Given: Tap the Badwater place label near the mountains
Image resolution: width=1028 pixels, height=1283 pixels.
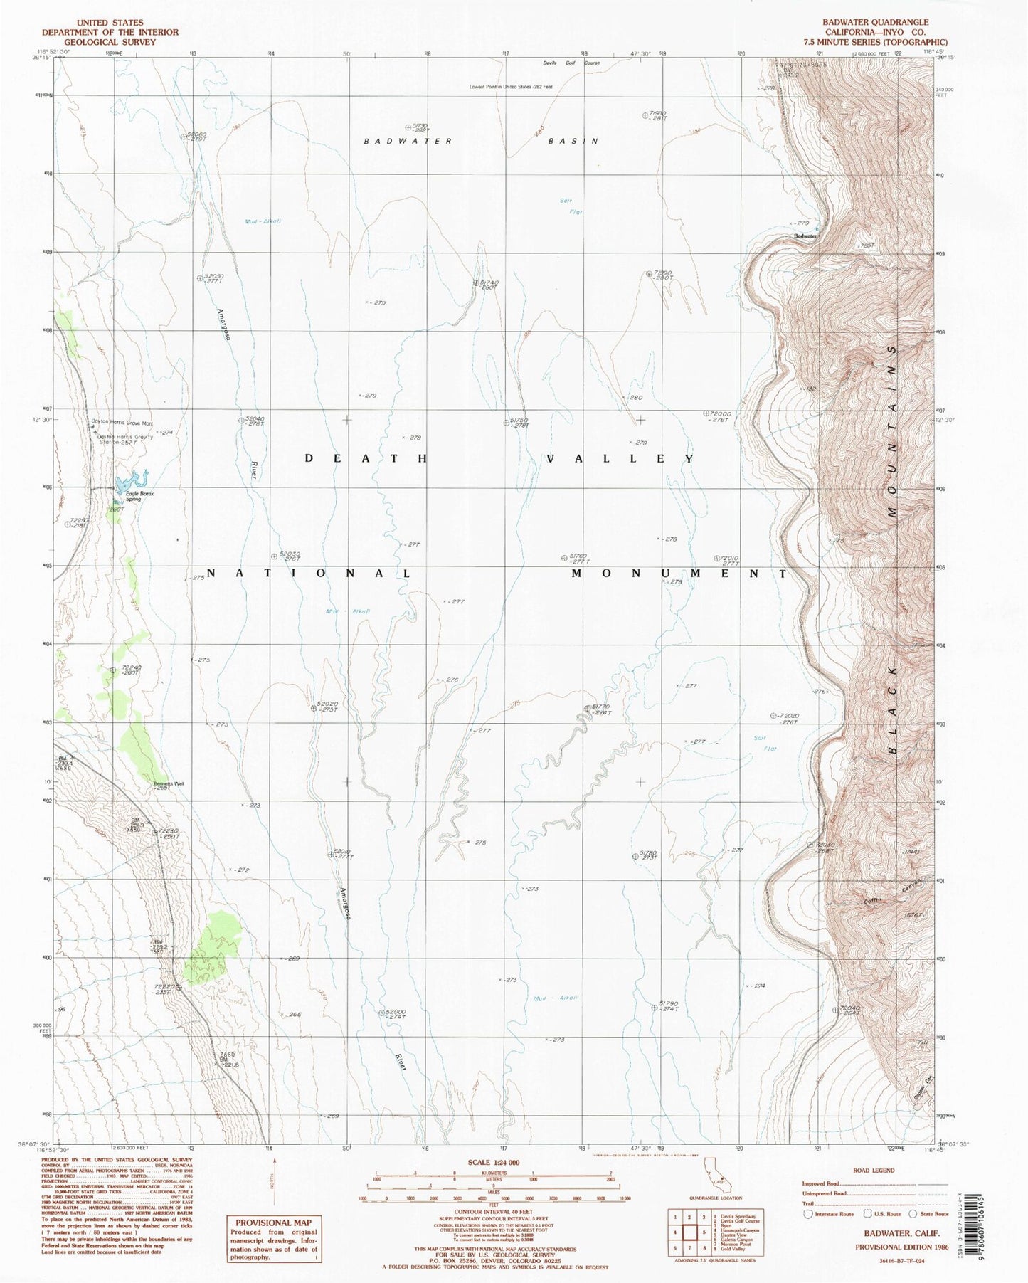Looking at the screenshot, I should [x=805, y=236].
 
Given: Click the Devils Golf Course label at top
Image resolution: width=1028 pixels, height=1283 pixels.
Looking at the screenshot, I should [x=571, y=63].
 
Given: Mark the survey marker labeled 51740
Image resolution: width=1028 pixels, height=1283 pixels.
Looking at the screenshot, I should [x=476, y=283].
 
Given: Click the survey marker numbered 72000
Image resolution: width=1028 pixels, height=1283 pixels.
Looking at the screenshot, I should [x=706, y=413].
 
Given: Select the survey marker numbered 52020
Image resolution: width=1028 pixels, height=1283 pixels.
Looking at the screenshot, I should [x=314, y=708].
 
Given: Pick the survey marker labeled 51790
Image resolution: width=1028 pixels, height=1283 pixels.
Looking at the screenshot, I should [x=655, y=1007].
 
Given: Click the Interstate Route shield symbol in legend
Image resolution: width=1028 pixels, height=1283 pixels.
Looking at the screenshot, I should [x=808, y=1214].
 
